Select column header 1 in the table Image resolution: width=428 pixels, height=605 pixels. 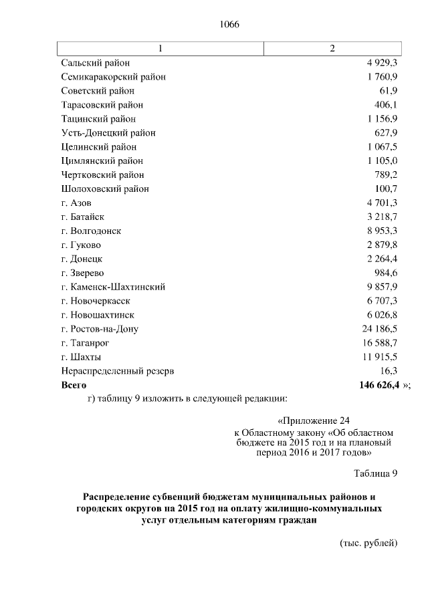pos(160,49)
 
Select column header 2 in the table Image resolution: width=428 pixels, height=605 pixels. pos(332,49)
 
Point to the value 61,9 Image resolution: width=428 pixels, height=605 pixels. pos(389,91)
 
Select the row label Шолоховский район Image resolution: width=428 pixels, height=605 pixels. pos(104,189)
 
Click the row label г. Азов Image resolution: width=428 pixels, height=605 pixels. pos(76,203)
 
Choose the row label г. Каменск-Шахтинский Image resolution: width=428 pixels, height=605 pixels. pos(113,287)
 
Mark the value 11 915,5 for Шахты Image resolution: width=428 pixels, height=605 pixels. pos(379,357)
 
